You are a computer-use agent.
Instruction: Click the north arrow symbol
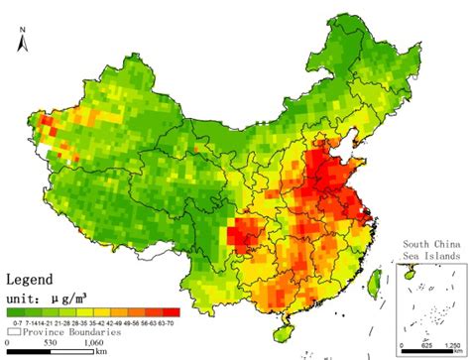coord(22,54)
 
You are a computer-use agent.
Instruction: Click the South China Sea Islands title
coord(431,249)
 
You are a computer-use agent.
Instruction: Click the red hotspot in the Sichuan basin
coord(241,239)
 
